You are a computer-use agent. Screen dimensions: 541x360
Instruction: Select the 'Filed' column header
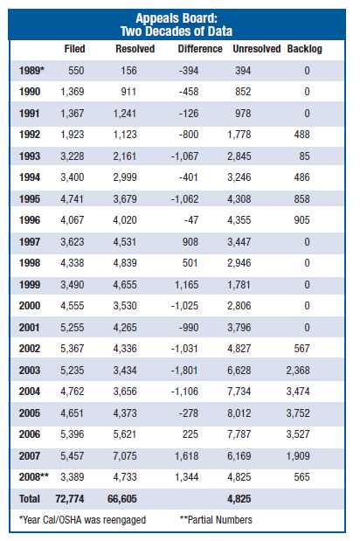click(76, 49)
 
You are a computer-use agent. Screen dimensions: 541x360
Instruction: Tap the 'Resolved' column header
click(135, 49)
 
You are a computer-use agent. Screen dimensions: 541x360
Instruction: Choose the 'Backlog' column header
click(304, 49)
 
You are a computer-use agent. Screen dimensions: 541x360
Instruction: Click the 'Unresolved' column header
click(256, 49)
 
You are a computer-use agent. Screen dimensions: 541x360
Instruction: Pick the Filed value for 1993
click(73, 156)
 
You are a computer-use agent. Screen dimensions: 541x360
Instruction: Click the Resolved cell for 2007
click(140, 455)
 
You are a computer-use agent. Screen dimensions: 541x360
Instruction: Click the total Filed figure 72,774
click(72, 498)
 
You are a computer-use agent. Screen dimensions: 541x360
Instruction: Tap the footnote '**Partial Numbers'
click(218, 520)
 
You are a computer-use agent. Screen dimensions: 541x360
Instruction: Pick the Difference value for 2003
click(205, 370)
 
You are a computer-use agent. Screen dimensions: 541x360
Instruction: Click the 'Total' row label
click(30, 498)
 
